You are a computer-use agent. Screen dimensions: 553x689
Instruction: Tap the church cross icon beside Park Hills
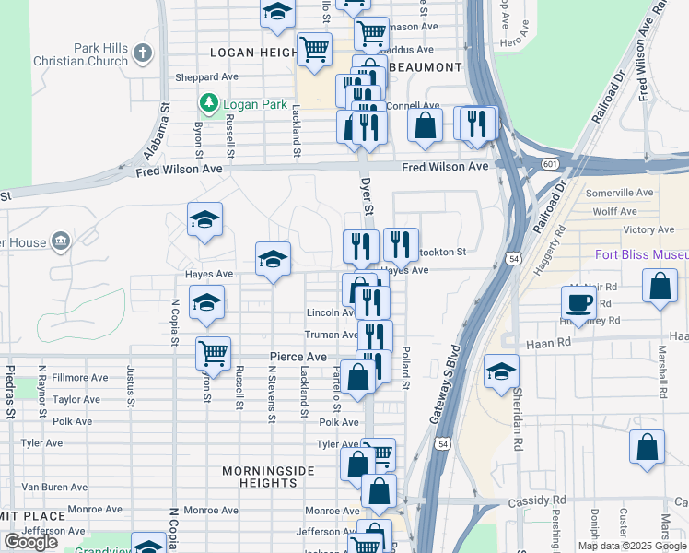click(143, 53)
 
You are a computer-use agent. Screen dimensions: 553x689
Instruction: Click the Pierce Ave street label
click(298, 357)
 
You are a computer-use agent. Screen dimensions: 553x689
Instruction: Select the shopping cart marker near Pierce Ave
click(214, 352)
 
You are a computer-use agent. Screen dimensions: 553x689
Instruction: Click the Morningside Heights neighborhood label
click(268, 478)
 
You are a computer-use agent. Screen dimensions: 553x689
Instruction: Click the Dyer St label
click(366, 197)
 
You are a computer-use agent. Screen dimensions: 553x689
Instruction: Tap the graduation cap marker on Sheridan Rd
click(500, 371)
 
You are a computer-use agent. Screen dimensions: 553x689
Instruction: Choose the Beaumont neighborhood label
click(425, 68)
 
